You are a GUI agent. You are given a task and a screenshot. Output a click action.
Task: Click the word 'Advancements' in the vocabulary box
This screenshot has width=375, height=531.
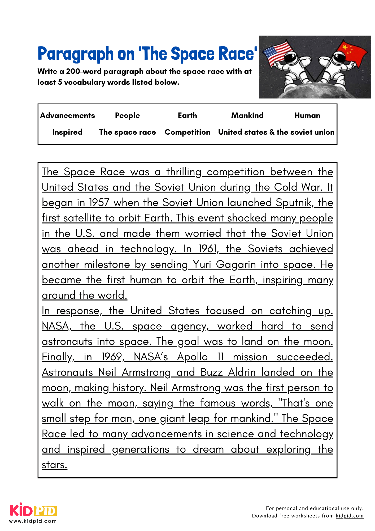[67, 115]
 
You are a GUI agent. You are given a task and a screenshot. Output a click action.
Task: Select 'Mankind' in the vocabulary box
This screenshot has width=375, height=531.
[247, 115]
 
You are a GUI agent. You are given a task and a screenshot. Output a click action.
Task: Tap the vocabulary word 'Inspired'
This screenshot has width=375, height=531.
[67, 132]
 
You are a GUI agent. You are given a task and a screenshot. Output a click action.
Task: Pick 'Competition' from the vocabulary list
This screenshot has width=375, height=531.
[187, 132]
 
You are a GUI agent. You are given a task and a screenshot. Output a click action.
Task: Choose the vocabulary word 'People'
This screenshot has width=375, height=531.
[127, 115]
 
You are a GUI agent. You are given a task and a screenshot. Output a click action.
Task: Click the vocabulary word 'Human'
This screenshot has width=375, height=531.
[307, 115]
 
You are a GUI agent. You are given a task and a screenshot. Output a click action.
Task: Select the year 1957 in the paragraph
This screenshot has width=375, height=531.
[99, 203]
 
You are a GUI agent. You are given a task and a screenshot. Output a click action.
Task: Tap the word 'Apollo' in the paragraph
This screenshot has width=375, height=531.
[192, 357]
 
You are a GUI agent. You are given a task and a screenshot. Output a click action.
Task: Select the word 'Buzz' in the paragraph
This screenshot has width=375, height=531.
[211, 372]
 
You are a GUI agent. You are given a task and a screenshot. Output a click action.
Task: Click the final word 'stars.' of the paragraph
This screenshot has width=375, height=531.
[55, 465]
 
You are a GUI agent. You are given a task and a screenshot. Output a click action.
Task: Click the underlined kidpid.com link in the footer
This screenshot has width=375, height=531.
[349, 516]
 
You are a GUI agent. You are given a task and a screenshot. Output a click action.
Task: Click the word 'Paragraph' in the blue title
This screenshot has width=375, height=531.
[76, 54]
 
